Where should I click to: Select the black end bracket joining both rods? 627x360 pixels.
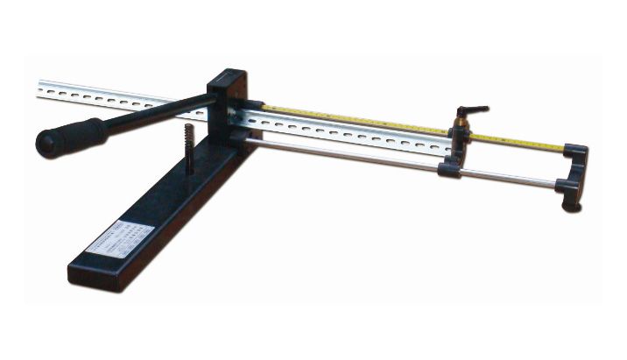tap(574, 167)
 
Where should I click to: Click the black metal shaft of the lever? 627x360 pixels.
tap(158, 115)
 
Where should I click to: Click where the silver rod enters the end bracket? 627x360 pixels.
tap(557, 184)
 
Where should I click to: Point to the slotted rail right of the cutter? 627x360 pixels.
tap(350, 136)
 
